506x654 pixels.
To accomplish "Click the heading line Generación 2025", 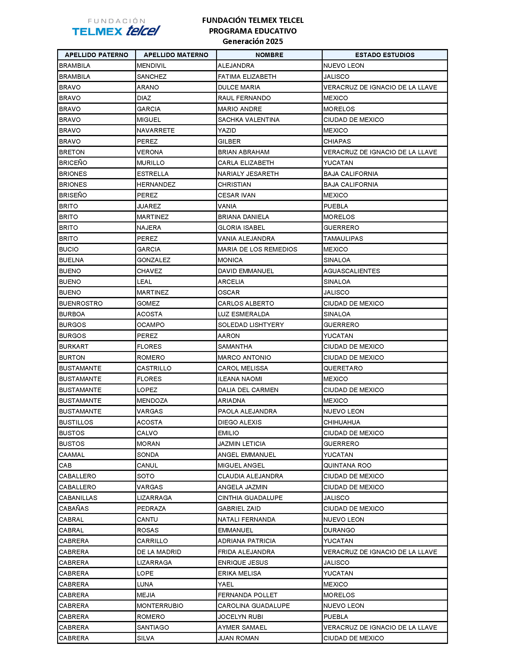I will coord(252,41).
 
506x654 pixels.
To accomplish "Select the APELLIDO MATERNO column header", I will coord(176,55).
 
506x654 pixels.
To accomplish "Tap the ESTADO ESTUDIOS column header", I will coord(385,55).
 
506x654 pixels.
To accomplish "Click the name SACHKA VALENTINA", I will coord(249,120).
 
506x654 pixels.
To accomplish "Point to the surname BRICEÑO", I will coord(73,163).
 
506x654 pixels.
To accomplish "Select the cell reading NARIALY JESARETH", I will coord(248,174).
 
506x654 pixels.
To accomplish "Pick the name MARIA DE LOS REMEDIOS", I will coord(257,249).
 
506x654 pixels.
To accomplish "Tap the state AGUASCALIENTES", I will coord(352,271).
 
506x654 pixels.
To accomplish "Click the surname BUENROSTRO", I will coord(81,303).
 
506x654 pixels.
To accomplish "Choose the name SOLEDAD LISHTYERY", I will coord(251,325).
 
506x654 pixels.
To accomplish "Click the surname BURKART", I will coord(74,346).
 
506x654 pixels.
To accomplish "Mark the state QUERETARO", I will coord(343,368).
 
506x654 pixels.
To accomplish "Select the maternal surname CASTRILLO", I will coord(154,368).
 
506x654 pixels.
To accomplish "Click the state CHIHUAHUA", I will coord(342,422).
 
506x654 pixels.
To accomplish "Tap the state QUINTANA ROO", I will coord(347,465).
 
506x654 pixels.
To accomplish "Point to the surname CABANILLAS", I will coord(78,498).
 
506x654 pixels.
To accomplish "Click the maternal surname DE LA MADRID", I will coord(159,552).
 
